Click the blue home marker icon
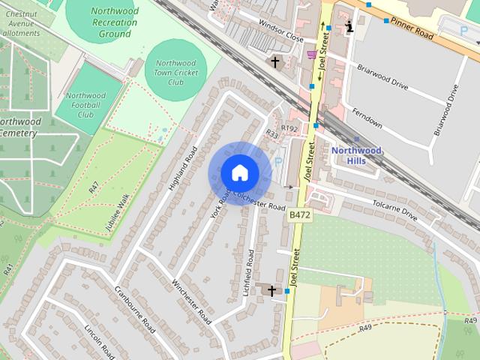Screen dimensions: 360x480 [x=239, y=172]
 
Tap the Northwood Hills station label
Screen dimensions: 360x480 [x=356, y=155]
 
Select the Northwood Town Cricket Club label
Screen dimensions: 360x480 [x=176, y=72]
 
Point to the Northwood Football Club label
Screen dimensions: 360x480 [x=85, y=105]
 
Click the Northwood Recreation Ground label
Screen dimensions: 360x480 [x=114, y=22]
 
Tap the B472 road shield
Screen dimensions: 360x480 [x=300, y=215]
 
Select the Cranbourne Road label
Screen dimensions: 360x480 [x=135, y=310]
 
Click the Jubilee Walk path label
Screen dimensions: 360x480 [x=118, y=215]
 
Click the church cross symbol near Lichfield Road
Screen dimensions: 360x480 [x=271, y=289]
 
